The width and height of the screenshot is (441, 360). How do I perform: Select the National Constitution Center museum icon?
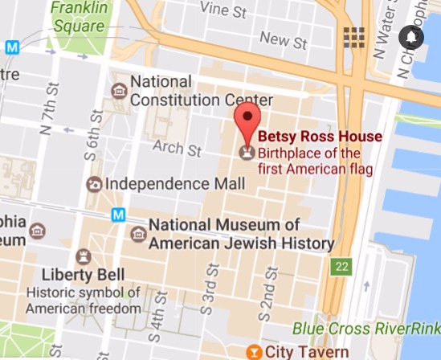119,89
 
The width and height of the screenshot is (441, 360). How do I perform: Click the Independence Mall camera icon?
95,185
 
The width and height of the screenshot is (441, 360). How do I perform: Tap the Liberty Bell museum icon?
83,256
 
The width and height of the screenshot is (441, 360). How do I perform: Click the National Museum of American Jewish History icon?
138,234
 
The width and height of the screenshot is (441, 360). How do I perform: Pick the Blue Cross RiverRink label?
365,328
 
